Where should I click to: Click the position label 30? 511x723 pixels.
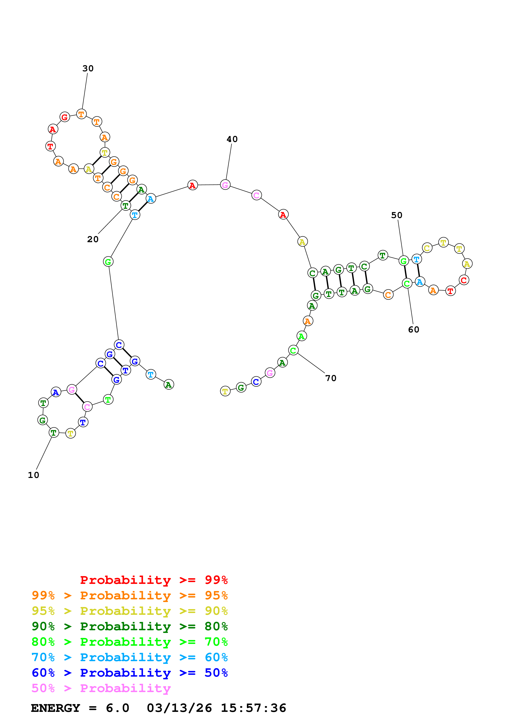(x=88, y=68)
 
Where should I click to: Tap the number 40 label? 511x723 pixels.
(x=232, y=139)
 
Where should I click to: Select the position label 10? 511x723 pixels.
(x=33, y=475)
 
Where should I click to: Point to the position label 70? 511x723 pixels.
(x=331, y=378)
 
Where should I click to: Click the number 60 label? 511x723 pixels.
(x=413, y=329)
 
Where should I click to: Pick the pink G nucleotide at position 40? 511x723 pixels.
(x=225, y=185)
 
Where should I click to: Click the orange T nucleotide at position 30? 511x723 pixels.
(x=81, y=114)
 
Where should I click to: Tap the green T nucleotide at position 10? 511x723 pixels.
(x=54, y=433)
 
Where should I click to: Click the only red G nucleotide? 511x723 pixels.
(x=65, y=117)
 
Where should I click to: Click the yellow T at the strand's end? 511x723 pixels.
(x=225, y=391)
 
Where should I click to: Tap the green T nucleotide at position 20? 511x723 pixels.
(x=126, y=206)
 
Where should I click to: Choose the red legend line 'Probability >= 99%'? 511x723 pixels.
(x=154, y=580)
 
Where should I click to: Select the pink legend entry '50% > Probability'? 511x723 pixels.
(x=101, y=688)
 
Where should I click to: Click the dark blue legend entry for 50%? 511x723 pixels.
(x=129, y=673)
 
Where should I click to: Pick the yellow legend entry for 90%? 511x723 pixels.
(x=129, y=611)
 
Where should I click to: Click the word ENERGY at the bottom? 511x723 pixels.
(x=55, y=708)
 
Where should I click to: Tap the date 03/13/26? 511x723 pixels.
(x=179, y=708)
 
